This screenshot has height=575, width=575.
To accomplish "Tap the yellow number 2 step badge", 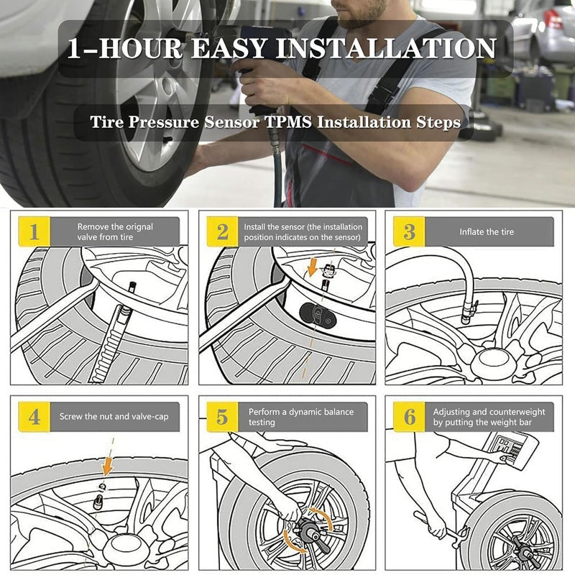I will pyautogui.click(x=223, y=231).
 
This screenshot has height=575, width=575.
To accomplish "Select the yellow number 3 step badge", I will pyautogui.click(x=409, y=231).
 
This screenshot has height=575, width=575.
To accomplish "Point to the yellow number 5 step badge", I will pyautogui.click(x=223, y=417).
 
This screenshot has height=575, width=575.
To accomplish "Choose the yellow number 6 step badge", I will pyautogui.click(x=409, y=417).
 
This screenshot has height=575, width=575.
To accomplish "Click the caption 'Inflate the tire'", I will pyautogui.click(x=487, y=232).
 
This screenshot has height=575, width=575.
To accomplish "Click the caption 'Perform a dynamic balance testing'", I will pyautogui.click(x=301, y=417).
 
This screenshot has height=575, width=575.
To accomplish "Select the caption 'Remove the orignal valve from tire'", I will pyautogui.click(x=115, y=231).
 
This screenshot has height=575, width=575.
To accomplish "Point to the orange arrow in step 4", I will pyautogui.click(x=107, y=466).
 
